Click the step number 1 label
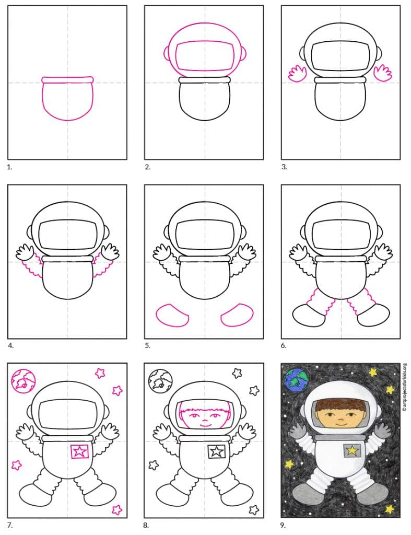[x=9, y=168]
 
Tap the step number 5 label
[x=147, y=346]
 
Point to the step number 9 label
[x=283, y=525]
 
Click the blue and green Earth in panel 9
[x=297, y=380]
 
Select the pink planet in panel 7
[x=23, y=381]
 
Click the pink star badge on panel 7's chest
[x=79, y=452]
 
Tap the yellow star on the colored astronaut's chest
[x=352, y=451]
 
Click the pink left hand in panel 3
[x=298, y=74]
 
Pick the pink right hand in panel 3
[x=383, y=73]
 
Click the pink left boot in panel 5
[x=172, y=316]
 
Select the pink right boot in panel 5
[x=237, y=315]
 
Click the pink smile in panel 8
[x=205, y=425]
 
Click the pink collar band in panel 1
[x=67, y=80]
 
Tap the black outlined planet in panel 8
[x=160, y=381]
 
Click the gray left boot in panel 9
[x=309, y=494]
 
